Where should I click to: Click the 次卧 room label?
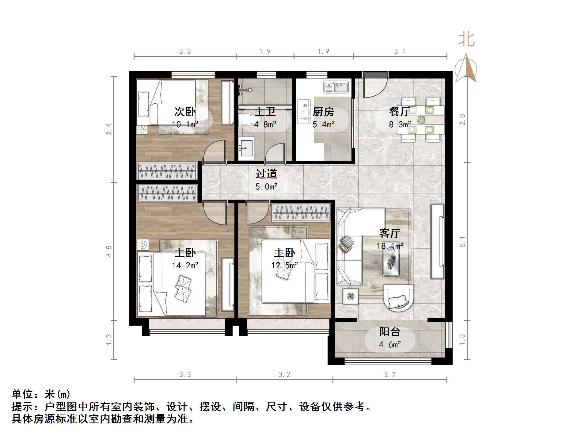click(x=185, y=112)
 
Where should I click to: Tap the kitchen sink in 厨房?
click(x=336, y=87)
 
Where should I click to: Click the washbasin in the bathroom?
click(x=246, y=148)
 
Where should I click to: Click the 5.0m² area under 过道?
click(x=266, y=186)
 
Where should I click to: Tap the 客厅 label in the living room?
click(x=389, y=234)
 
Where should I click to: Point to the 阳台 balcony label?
click(x=389, y=332)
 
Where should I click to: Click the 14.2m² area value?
click(x=185, y=266)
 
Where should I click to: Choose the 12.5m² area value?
click(x=284, y=266)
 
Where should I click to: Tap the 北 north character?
click(x=466, y=40)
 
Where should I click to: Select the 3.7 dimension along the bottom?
click(x=389, y=374)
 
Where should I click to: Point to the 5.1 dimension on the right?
click(x=462, y=242)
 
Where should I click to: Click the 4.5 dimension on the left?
click(x=109, y=251)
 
